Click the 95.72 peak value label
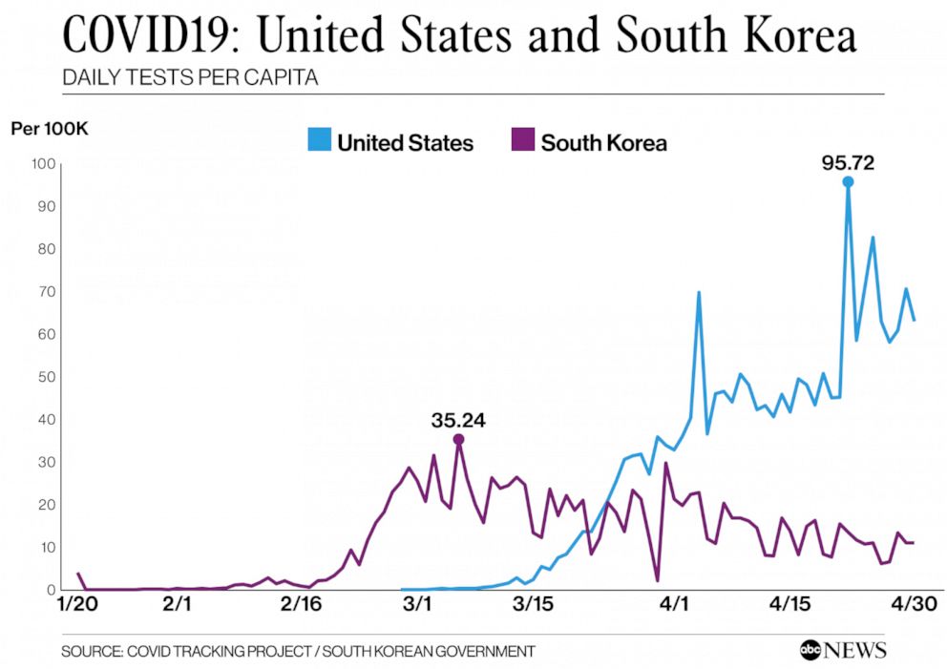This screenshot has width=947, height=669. coord(848,163)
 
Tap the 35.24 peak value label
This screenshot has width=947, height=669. coord(459,420)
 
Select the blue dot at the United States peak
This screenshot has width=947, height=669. coord(848,181)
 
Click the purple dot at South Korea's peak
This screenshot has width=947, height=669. coord(458,439)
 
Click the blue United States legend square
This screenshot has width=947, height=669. coord(319,141)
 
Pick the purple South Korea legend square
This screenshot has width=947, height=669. coord(523,141)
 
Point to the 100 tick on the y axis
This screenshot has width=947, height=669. coord(42,164)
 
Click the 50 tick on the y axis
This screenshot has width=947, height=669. coord(45,377)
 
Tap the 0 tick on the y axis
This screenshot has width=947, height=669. coord(49,590)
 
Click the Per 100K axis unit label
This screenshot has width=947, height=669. coord(49,129)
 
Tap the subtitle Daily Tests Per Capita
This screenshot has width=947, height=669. coord(189,77)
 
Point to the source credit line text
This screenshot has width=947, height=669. coord(298,651)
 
